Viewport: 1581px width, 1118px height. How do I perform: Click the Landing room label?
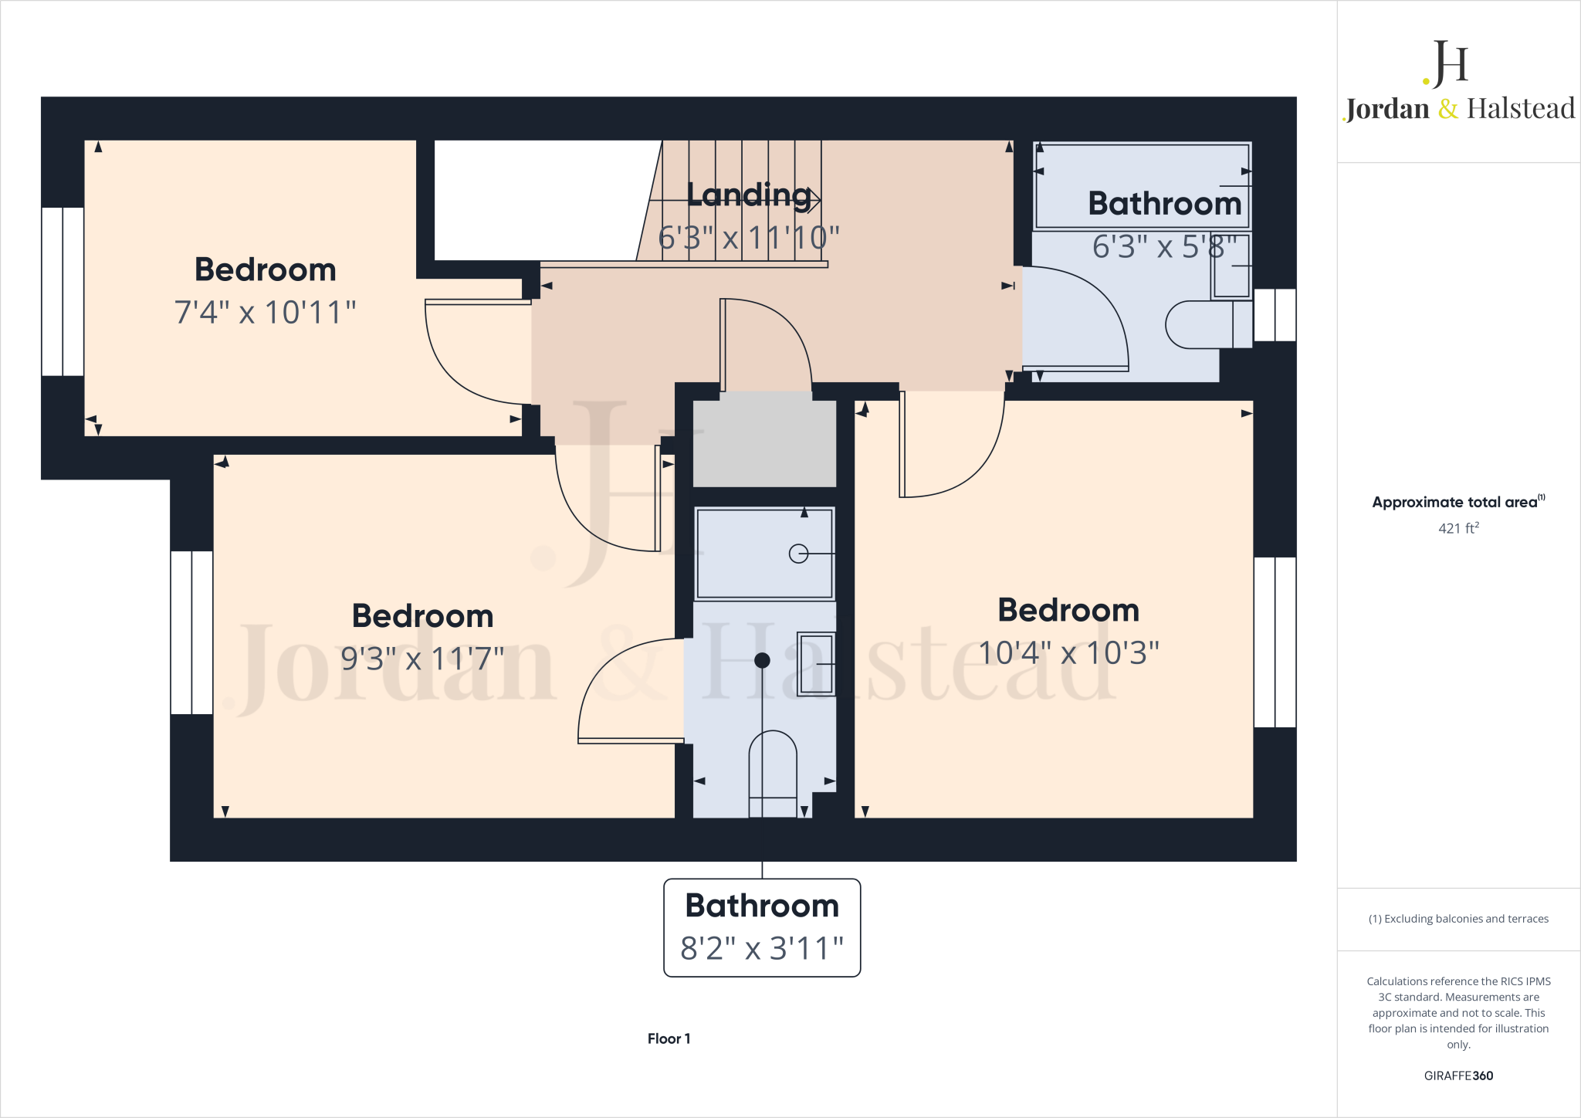click(x=749, y=195)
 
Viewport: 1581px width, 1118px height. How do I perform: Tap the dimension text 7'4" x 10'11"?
click(x=265, y=313)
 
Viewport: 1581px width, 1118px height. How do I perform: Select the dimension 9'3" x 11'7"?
click(x=422, y=659)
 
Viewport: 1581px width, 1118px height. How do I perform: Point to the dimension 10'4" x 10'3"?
click(x=1068, y=653)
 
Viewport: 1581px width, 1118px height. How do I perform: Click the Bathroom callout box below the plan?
click(x=762, y=927)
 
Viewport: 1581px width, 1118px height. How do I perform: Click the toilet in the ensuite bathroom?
click(x=773, y=772)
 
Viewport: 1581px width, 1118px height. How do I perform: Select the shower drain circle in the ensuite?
click(x=798, y=554)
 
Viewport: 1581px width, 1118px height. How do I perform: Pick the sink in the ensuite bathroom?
click(x=816, y=664)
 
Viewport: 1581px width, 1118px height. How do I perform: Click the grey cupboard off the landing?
click(x=764, y=442)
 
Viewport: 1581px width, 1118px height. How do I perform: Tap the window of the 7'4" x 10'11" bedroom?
click(x=63, y=291)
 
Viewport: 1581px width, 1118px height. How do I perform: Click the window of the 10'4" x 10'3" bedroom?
click(x=1275, y=642)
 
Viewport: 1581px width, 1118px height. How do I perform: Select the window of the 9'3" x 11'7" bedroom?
click(x=191, y=632)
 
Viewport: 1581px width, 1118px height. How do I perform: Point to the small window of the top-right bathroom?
click(x=1275, y=315)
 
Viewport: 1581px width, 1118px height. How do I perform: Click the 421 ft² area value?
click(x=1458, y=528)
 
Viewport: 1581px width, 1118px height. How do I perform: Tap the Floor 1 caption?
click(x=669, y=1038)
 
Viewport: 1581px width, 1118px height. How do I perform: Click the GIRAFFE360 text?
click(x=1458, y=1076)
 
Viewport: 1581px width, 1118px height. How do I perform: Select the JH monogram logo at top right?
click(x=1447, y=63)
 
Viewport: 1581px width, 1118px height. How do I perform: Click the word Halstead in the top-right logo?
click(x=1520, y=109)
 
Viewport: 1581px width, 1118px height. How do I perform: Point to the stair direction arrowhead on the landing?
click(x=814, y=200)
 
